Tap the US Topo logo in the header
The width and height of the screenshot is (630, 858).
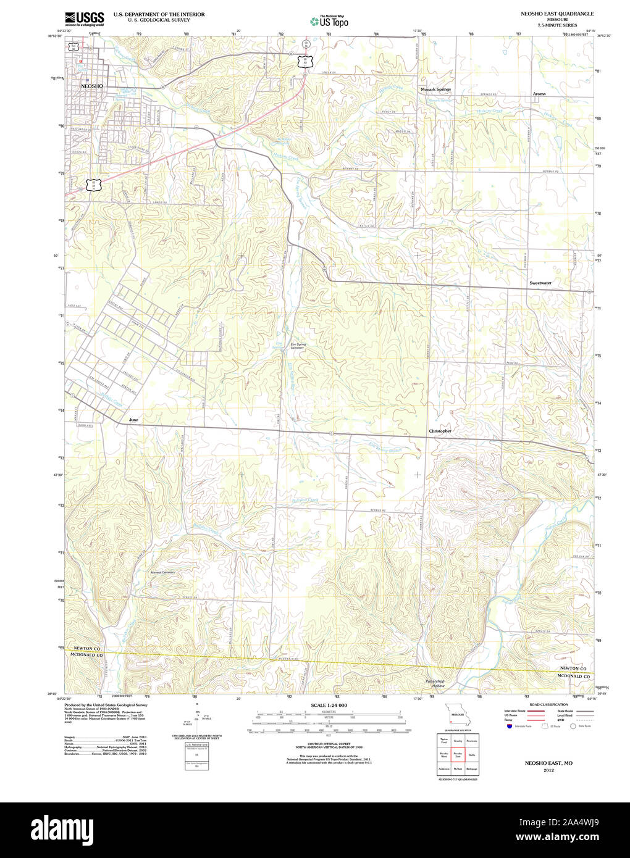[329, 21]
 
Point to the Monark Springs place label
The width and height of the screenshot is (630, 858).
[435, 90]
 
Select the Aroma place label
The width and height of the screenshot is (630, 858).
[539, 94]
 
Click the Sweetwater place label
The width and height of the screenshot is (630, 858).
[540, 283]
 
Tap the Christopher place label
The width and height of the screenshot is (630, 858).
[440, 431]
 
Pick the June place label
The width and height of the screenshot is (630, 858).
[133, 420]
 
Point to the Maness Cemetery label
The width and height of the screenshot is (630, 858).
[162, 572]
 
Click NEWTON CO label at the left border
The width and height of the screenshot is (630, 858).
[86, 649]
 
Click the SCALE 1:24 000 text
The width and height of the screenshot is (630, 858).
[329, 706]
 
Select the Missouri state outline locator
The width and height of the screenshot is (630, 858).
[455, 716]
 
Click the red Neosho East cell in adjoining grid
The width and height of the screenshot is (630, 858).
[458, 754]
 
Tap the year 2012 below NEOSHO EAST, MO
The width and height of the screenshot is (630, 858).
[548, 770]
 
